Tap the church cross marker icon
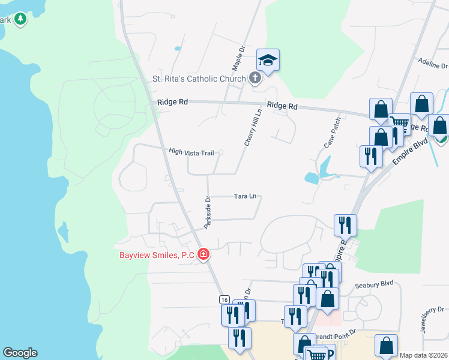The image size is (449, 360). pyautogui.click(x=255, y=78)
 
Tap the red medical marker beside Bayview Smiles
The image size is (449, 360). pyautogui.click(x=203, y=255)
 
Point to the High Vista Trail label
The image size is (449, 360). pyautogui.click(x=191, y=152)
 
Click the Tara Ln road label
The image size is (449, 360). pyautogui.click(x=245, y=196)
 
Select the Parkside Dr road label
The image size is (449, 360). pyautogui.click(x=208, y=212)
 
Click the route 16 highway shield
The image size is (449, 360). pyautogui.click(x=224, y=299)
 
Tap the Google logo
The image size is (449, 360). pyautogui.click(x=20, y=353)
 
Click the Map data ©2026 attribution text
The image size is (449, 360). pyautogui.click(x=423, y=355)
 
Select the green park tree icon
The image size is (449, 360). pyautogui.click(x=21, y=19)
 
